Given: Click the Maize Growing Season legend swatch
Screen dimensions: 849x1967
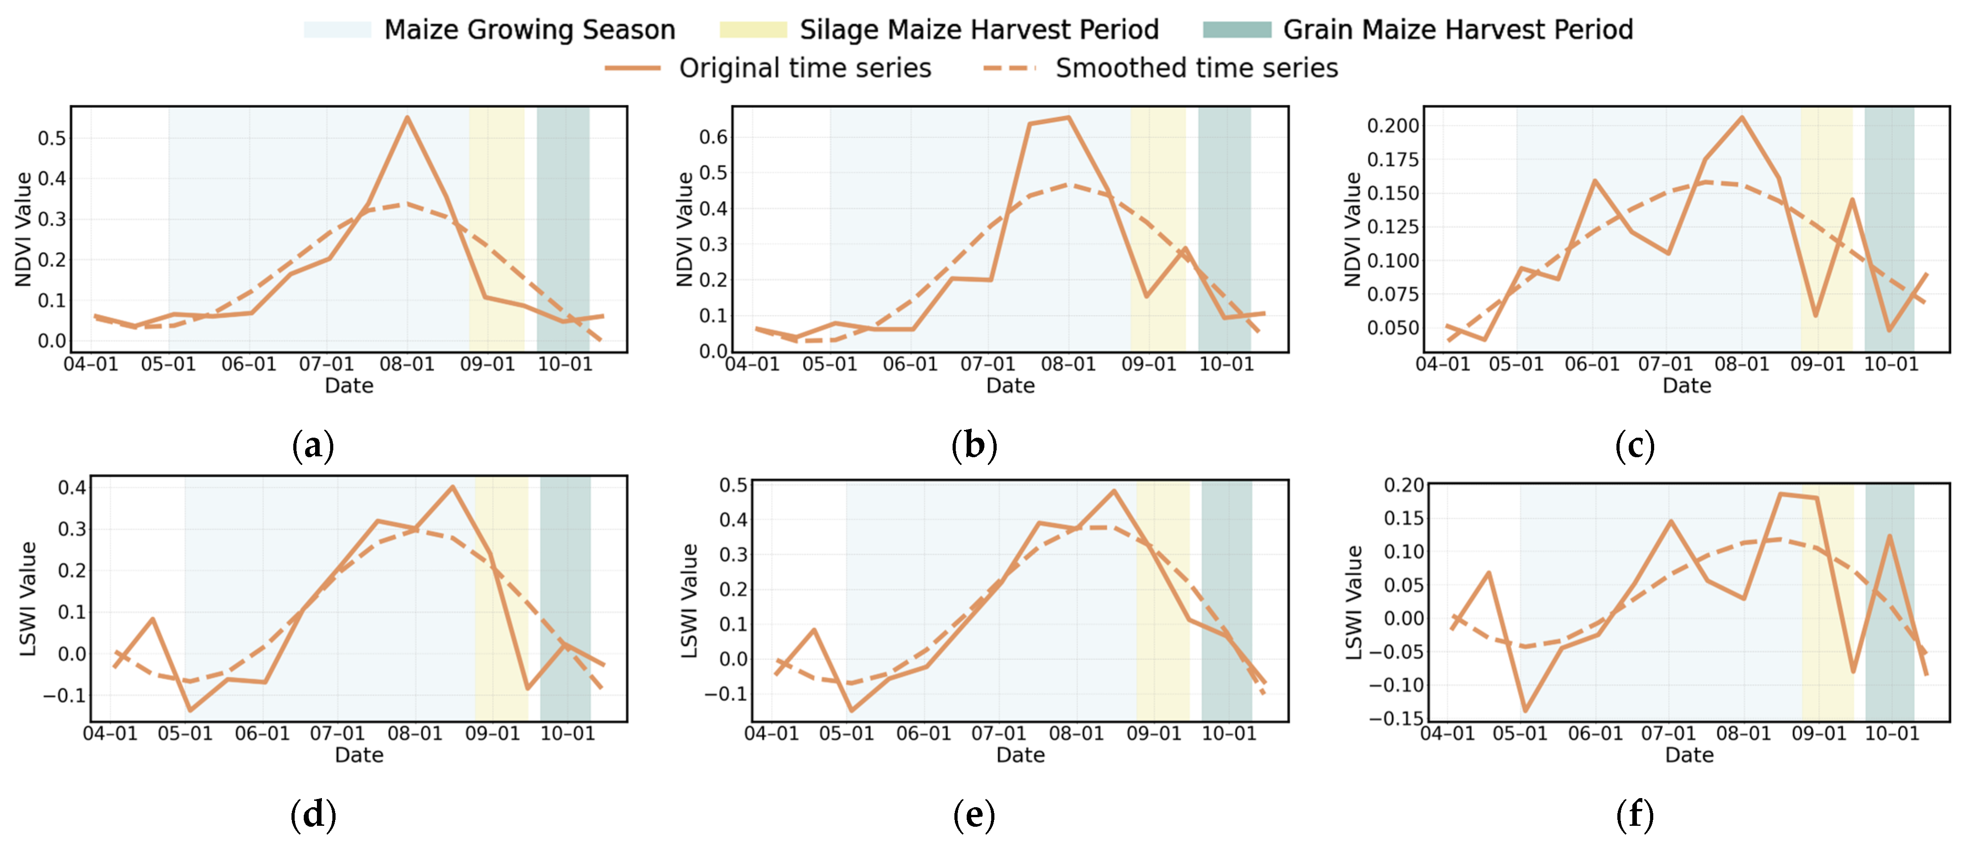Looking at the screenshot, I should [337, 30].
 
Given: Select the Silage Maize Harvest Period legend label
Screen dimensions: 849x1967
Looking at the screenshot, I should [979, 30].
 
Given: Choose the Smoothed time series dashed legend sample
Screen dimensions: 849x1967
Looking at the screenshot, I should [1009, 68].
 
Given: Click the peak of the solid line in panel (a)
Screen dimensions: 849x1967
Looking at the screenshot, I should [407, 118].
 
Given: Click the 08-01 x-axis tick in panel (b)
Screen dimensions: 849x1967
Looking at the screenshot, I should [1068, 364].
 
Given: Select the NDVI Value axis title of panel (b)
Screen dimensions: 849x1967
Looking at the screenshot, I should [685, 229].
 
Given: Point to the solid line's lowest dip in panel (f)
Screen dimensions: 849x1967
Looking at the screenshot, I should [1525, 711].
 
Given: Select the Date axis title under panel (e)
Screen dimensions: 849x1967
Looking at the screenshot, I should [1020, 755].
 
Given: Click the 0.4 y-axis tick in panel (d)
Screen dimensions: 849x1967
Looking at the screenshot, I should [72, 487].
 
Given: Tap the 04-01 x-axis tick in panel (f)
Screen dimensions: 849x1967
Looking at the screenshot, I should [1447, 734].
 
